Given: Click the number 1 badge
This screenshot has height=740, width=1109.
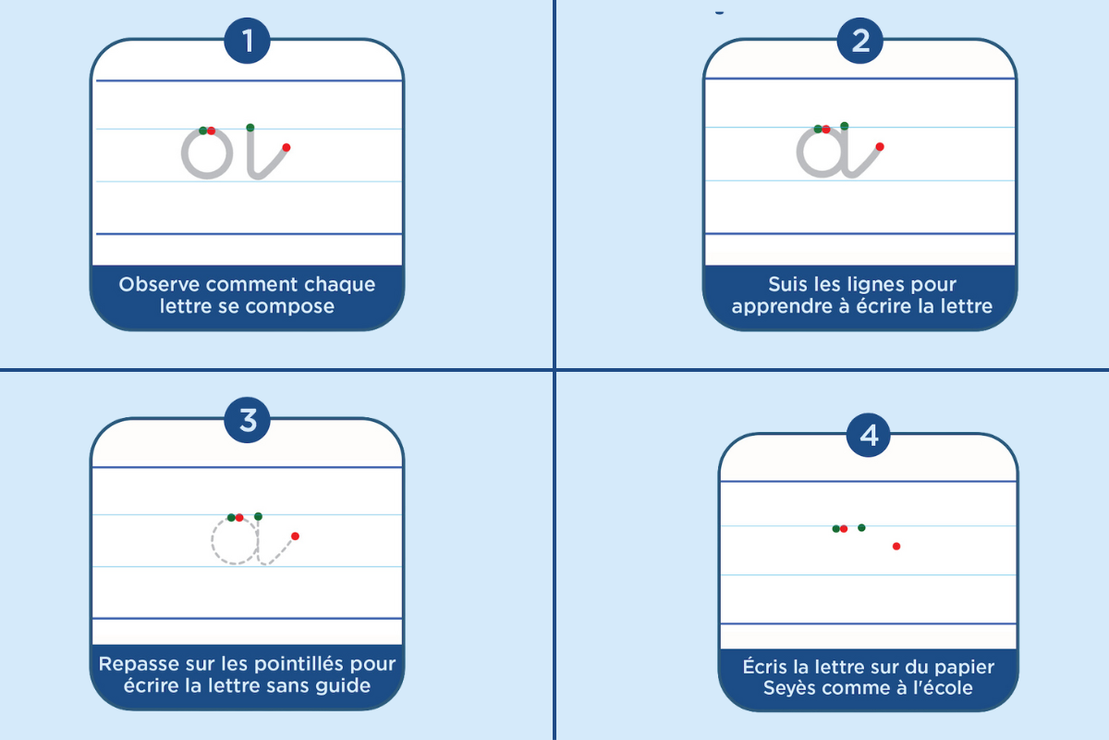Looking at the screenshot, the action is point(247,41).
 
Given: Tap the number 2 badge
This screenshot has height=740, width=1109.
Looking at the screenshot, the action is point(860,41).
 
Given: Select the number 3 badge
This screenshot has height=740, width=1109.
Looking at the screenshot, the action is point(247,420).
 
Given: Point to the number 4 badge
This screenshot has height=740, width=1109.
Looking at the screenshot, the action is point(869,436).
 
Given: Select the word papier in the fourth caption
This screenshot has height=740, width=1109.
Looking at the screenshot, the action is point(963,668).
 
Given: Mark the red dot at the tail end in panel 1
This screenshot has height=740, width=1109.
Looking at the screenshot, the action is point(286,147).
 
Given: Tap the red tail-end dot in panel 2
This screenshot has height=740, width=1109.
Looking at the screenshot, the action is point(880,147).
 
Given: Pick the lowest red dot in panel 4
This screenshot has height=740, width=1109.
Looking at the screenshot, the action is point(896,546).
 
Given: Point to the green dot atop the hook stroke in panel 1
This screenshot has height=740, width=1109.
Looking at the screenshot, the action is point(250,128).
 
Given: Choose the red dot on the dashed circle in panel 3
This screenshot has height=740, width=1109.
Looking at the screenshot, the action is point(239,518).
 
